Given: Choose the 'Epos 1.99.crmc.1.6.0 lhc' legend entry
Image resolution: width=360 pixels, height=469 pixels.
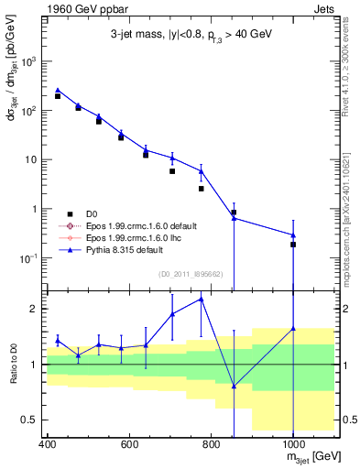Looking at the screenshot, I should pos(128,236).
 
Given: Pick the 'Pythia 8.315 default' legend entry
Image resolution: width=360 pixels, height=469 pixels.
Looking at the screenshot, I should pos(123,248).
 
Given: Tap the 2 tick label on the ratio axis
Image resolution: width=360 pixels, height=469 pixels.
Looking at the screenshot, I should pos(36,309).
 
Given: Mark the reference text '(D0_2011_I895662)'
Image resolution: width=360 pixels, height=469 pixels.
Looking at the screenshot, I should pos(191,273).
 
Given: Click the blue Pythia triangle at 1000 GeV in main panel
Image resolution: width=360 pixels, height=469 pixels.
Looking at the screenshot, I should pos(293,235).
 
